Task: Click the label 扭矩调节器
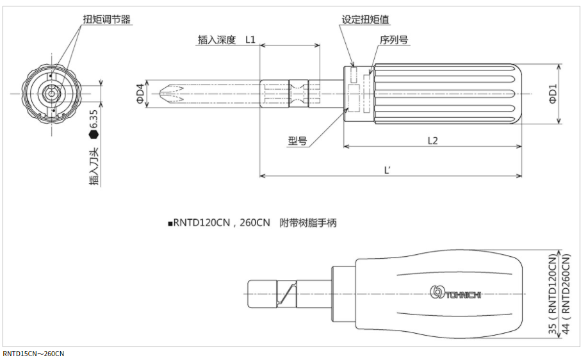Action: (x=108, y=20)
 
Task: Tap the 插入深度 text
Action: (x=216, y=40)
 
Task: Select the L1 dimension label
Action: (x=250, y=40)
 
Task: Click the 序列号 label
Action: (x=394, y=40)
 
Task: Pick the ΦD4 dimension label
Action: (x=140, y=95)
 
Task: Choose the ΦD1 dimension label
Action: (x=553, y=94)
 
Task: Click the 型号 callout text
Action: (x=297, y=141)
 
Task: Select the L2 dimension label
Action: (x=432, y=140)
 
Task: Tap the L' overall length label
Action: (x=388, y=170)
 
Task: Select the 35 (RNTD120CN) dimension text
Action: (x=553, y=293)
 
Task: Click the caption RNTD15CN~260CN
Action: (x=33, y=354)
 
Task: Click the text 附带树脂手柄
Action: (x=308, y=224)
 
